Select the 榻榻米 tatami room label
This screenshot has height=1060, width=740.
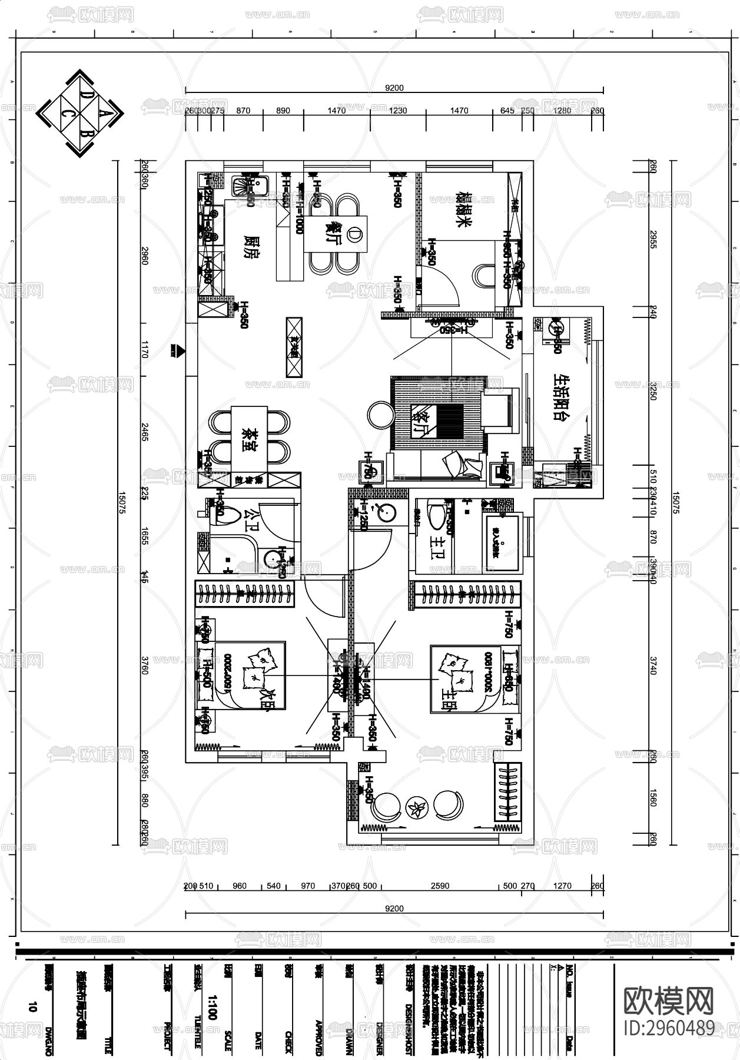[464, 210]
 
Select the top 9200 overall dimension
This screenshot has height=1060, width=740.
[394, 88]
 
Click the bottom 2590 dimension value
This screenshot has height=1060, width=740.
[440, 885]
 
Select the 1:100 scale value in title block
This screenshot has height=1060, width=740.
[213, 1008]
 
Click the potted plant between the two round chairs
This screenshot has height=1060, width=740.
[419, 808]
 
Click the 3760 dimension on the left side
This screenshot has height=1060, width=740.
[145, 667]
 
